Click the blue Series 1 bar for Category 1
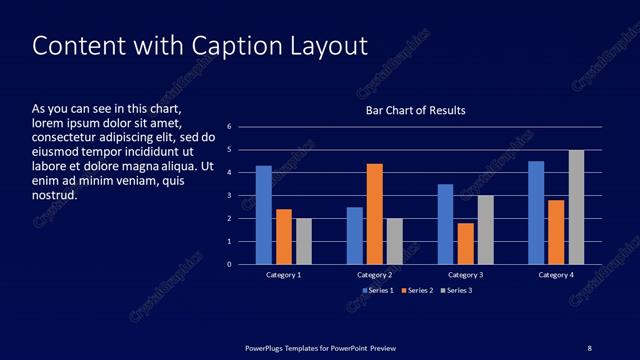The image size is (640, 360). point(264,215)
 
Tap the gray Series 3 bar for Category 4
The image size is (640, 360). point(576,207)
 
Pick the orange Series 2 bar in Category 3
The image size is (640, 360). point(465,243)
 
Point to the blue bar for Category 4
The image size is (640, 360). point(536,213)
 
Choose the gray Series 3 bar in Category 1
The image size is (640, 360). point(304,241)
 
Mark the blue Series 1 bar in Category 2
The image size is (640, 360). point(354,235)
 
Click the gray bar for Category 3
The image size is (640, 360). point(485,230)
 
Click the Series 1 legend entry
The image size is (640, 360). point(377,290)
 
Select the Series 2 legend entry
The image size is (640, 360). point(416,290)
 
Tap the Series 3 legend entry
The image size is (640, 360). point(455,290)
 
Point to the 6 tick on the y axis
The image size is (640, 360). point(229,127)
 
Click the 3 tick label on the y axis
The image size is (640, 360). point(229,196)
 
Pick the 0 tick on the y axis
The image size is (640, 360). point(229,265)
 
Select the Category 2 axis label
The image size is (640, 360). point(374,274)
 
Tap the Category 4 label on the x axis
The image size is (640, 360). point(556,274)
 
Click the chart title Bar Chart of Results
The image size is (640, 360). point(414,110)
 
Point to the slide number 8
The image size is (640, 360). point(589,347)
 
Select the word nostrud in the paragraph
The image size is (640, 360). point(56,196)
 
